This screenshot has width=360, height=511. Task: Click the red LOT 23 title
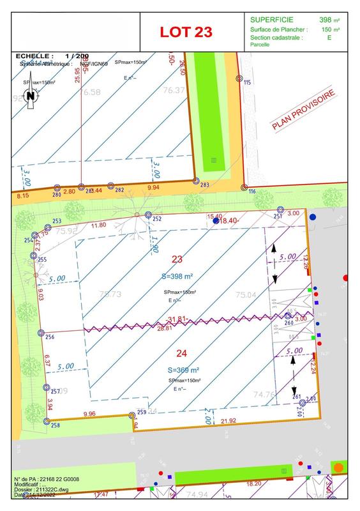tap(186, 31)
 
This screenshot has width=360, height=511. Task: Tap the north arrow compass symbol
tap(30, 96)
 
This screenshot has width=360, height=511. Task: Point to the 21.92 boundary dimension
tap(228, 421)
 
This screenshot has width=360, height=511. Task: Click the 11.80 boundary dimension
tap(99, 225)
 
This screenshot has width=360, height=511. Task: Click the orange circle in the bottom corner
tap(338, 468)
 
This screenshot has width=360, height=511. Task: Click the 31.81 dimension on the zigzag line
tap(177, 319)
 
